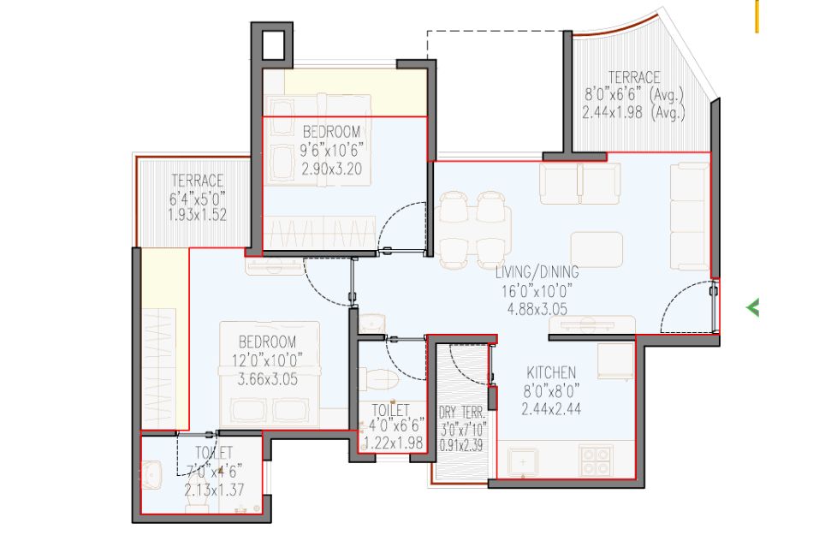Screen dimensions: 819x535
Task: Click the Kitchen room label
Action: click(551, 372)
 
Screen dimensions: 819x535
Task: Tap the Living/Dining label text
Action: click(537, 271)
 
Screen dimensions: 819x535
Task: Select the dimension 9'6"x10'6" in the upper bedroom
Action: click(331, 151)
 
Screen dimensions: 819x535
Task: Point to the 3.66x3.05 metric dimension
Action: click(267, 379)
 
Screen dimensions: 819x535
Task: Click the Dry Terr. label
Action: click(462, 413)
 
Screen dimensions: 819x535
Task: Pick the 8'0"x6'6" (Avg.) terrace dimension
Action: click(633, 95)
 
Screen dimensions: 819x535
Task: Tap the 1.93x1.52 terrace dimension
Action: click(197, 215)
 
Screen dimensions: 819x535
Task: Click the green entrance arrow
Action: click(752, 307)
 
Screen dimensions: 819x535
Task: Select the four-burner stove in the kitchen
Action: click(596, 461)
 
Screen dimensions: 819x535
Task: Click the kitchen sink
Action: click(524, 462)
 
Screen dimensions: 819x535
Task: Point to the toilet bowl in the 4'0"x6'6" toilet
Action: click(380, 380)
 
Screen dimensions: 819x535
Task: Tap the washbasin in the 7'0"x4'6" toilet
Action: click(151, 475)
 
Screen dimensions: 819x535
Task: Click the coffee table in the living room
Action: click(596, 250)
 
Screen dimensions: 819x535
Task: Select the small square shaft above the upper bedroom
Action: click(273, 45)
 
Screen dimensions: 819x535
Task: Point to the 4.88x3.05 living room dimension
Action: click(537, 309)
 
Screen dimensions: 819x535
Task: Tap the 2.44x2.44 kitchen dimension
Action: click(551, 409)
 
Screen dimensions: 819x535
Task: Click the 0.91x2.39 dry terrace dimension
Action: click(462, 446)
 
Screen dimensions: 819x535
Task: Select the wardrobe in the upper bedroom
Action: click(320, 232)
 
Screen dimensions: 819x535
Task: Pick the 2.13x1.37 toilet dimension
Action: click(214, 490)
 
